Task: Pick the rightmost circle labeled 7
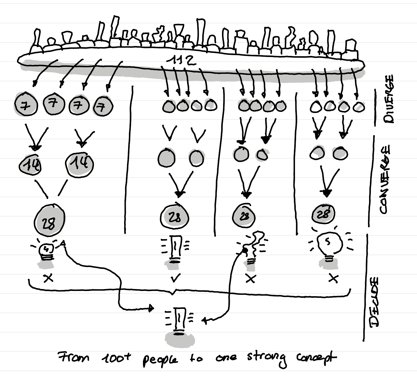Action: click(103, 106)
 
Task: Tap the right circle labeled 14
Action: click(79, 164)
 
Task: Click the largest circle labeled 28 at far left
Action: click(50, 220)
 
